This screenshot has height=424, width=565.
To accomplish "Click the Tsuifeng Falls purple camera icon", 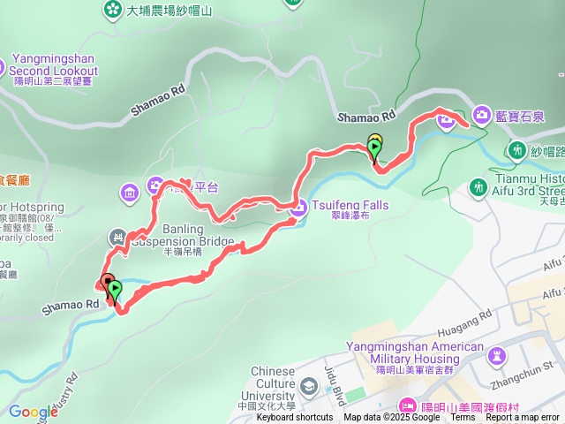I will (x=298, y=208).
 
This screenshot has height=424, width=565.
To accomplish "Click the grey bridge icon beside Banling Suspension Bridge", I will (x=117, y=237).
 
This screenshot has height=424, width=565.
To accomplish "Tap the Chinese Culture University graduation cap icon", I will (x=308, y=385).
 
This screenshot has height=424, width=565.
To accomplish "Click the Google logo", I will (x=33, y=411).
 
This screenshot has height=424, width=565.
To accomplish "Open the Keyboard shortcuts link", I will (x=295, y=418).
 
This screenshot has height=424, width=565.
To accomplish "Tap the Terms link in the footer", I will (x=463, y=418).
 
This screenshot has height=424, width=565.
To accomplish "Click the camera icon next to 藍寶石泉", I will (x=482, y=114).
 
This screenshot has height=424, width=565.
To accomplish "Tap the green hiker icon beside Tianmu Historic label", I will (x=478, y=186).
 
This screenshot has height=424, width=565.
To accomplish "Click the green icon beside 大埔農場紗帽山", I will (x=113, y=10).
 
